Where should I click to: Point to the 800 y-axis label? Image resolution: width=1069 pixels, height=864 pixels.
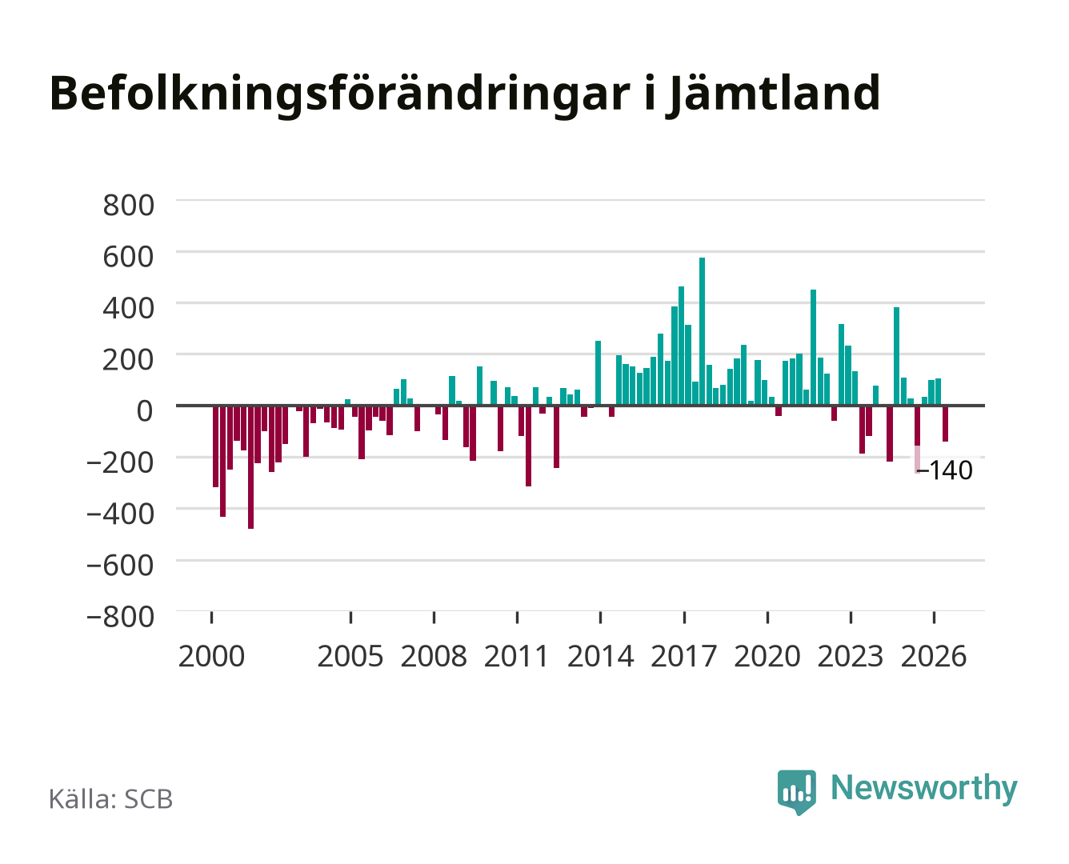click(128, 206)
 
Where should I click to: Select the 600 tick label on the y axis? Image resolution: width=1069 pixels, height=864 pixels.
click(128, 257)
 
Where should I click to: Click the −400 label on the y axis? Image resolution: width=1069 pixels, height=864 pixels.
click(120, 514)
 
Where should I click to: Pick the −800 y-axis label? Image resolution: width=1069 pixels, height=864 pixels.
click(120, 617)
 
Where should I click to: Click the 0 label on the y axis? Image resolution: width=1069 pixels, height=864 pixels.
click(145, 411)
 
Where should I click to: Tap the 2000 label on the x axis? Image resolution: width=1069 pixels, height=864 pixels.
click(211, 656)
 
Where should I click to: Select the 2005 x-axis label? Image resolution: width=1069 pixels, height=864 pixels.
click(350, 656)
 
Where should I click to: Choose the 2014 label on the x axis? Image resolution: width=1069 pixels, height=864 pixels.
click(600, 656)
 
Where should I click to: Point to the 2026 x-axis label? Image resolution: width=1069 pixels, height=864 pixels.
click(934, 656)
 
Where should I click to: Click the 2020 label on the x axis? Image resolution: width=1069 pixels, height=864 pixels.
click(767, 656)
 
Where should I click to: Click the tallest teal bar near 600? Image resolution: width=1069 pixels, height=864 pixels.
click(702, 331)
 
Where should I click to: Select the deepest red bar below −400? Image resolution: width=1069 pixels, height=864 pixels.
click(250, 466)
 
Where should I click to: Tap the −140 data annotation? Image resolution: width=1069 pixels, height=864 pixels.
click(944, 470)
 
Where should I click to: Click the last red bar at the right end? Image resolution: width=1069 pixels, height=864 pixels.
click(945, 423)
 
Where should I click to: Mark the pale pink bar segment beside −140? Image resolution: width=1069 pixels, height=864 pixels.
click(918, 459)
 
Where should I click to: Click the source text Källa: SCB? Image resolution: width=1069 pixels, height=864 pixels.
click(110, 798)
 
